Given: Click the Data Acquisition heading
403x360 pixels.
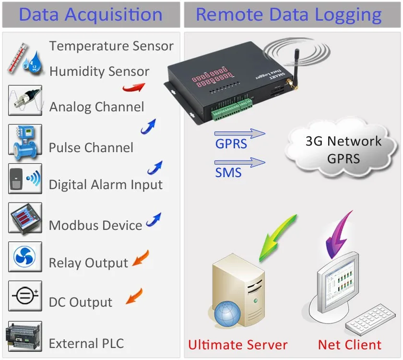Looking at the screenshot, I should (x=91, y=15).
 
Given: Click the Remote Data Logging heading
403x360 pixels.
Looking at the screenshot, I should (x=289, y=15).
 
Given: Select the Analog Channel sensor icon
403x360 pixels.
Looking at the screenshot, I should (x=25, y=100).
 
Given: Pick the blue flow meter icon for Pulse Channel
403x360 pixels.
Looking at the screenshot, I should (x=25, y=139).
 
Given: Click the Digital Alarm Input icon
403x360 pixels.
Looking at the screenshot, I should (x=25, y=179).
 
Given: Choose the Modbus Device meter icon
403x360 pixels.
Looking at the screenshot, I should (x=25, y=218).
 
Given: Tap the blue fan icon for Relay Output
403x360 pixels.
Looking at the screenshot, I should (x=25, y=257).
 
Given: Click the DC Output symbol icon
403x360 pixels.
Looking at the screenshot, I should (x=25, y=296).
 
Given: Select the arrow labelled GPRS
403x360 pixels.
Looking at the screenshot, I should (x=240, y=133).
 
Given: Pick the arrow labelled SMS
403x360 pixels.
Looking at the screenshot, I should (x=240, y=163).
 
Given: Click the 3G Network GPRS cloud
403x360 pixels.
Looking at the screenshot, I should (x=343, y=150).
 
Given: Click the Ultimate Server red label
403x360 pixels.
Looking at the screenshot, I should (x=237, y=345).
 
